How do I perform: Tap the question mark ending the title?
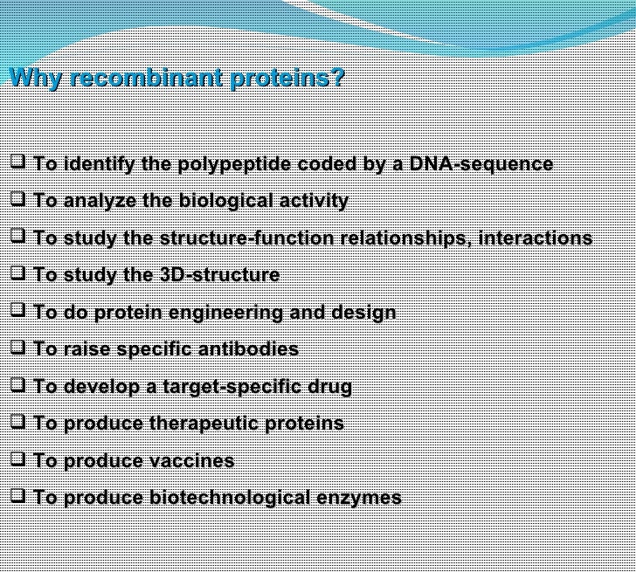[x=337, y=78]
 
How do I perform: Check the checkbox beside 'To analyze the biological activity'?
[x=17, y=198]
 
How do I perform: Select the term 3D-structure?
[x=219, y=275]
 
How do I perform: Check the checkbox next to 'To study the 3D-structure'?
[x=17, y=272]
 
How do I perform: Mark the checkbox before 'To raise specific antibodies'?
[x=17, y=347]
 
